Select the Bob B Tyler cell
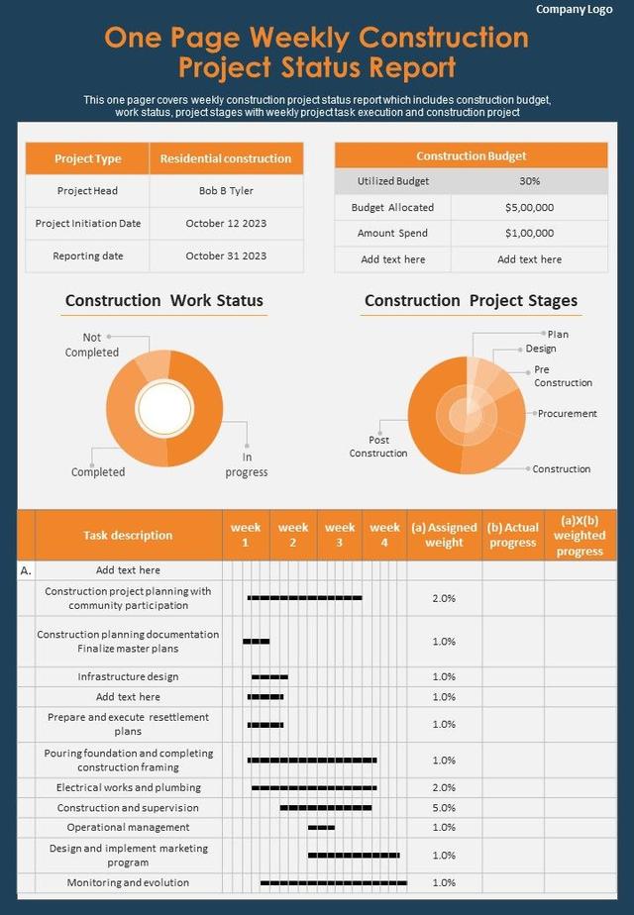tap(226, 191)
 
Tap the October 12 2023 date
tap(226, 224)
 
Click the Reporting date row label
tap(88, 255)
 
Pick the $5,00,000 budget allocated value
tap(529, 208)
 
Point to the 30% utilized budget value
tap(529, 181)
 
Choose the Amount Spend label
tap(393, 234)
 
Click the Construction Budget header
tap(471, 156)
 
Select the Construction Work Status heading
tap(164, 301)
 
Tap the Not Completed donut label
tap(92, 346)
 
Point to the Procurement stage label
tap(568, 414)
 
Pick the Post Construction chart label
tap(378, 447)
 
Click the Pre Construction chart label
tap(563, 376)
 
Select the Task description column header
tap(128, 536)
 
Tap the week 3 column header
tap(340, 535)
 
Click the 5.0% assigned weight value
tap(444, 808)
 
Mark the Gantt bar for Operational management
tap(321, 828)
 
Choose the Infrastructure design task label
tap(128, 677)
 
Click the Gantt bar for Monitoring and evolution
tap(333, 882)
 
